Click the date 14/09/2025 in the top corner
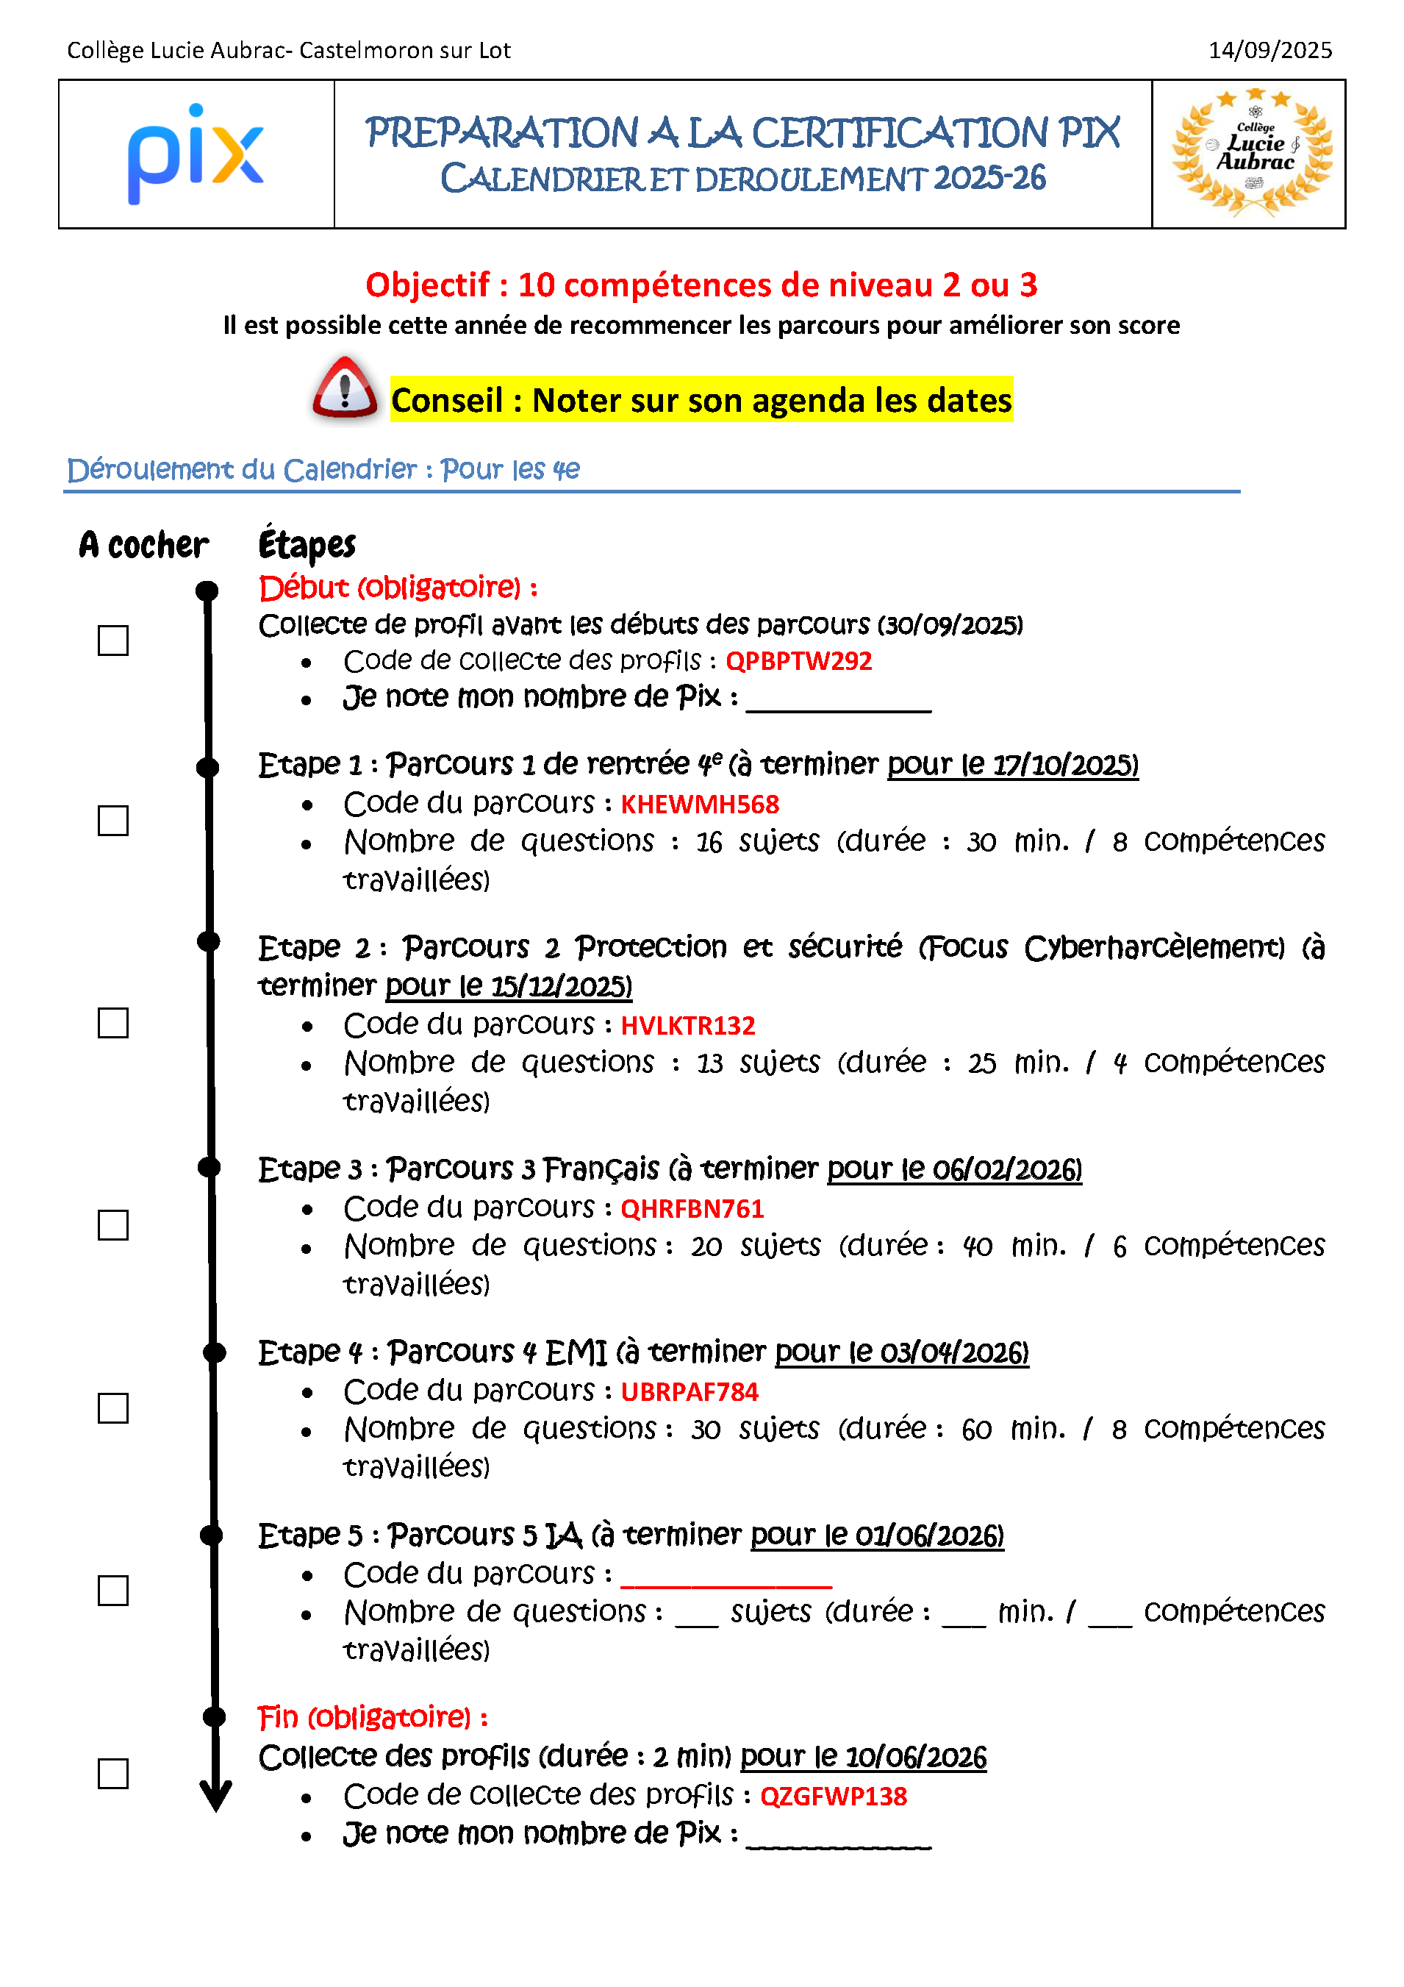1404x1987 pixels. pos(1269,50)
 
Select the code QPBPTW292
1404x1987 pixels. pos(798,661)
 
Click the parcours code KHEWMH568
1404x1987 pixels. pos(699,805)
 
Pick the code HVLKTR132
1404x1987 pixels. pos(688,1026)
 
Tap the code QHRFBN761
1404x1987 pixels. pos(692,1209)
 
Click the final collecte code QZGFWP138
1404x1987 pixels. pos(833,1797)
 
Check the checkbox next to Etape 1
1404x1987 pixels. pos(113,821)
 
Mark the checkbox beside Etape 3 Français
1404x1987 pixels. pos(113,1225)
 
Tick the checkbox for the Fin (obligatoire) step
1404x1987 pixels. pos(113,1774)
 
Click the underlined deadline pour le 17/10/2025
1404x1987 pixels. pos(1012,765)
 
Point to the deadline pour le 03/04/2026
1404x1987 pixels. pos(901,1352)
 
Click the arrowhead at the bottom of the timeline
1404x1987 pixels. pos(215,1795)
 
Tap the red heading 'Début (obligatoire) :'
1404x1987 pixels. pos(398,588)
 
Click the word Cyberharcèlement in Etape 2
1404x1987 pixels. pos(1154,948)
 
